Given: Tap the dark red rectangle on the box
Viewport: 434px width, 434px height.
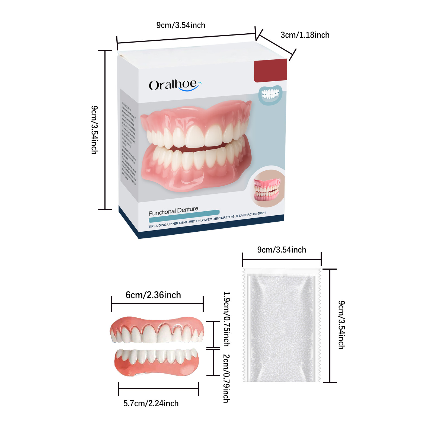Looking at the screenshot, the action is coord(270,71).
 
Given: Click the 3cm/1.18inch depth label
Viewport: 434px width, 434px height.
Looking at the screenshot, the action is coord(305,35).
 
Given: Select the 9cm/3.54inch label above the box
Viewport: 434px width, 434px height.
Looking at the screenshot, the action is coord(181,25).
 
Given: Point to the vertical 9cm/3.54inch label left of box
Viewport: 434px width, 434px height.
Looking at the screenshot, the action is coord(94,130).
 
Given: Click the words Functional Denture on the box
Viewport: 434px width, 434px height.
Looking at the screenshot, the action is coord(173,211).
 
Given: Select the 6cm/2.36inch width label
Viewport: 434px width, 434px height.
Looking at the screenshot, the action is coord(153,295).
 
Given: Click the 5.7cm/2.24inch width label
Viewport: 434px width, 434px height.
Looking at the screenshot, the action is coord(151,403).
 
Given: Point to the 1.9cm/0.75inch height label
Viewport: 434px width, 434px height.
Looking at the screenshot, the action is coord(227,319).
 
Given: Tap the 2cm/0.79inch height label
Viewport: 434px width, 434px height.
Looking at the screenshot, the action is coord(226,378).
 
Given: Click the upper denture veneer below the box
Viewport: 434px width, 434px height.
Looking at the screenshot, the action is coord(157,330).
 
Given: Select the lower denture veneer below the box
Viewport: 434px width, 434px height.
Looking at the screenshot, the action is coord(157,362).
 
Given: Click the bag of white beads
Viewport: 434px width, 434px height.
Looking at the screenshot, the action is coord(282,325).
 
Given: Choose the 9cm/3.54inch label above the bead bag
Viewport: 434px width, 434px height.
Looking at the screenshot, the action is coord(282,250).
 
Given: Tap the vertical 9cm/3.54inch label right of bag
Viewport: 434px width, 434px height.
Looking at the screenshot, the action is coord(342,325).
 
